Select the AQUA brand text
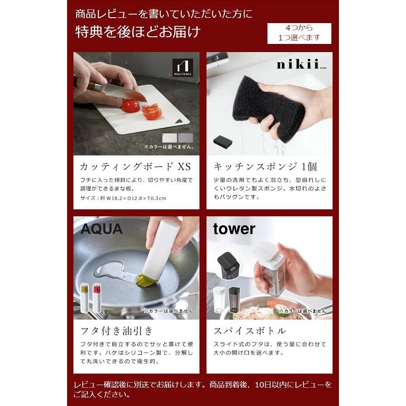click(x=102, y=229)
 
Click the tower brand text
click(x=234, y=229)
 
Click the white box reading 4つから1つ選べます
click(x=299, y=33)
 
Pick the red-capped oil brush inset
click(x=97, y=298)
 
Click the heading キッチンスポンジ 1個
click(x=265, y=166)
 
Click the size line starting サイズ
click(x=123, y=198)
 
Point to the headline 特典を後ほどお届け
click(x=137, y=33)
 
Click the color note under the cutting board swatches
click(x=169, y=147)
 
